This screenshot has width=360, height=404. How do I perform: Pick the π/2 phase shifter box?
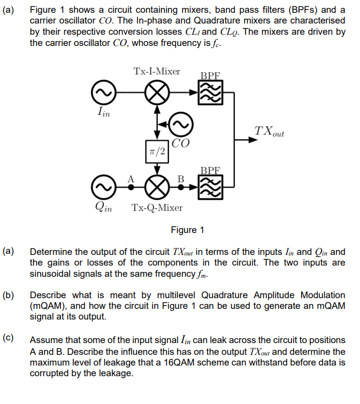[x=156, y=151]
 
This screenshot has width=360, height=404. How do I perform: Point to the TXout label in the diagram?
[x=270, y=131]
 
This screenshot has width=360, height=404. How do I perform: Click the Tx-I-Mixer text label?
[x=157, y=71]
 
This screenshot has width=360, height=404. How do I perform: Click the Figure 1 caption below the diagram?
[x=187, y=230]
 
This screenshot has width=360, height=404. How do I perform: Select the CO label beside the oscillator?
[x=181, y=143]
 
